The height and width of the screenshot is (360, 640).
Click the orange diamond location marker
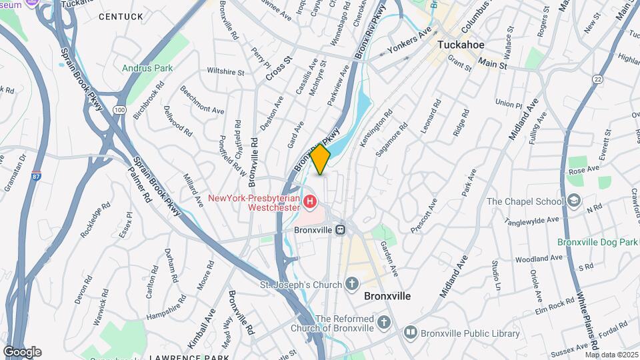[320, 159]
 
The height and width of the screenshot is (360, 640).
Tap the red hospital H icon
[309, 201]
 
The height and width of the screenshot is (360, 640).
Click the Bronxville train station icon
[340, 229]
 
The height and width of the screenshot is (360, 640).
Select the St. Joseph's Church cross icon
[353, 285]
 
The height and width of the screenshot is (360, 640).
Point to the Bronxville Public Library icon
[411, 331]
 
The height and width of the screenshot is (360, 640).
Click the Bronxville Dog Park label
[598, 242]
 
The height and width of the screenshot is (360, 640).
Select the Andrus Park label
[147, 68]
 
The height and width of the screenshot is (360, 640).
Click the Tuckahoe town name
[460, 45]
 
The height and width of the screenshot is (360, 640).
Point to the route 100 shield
[119, 109]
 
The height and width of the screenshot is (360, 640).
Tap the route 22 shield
[596, 79]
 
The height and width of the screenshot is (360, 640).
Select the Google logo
[22, 352]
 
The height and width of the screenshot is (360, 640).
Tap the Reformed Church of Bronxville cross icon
[383, 323]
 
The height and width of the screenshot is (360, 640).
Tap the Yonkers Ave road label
[410, 41]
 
